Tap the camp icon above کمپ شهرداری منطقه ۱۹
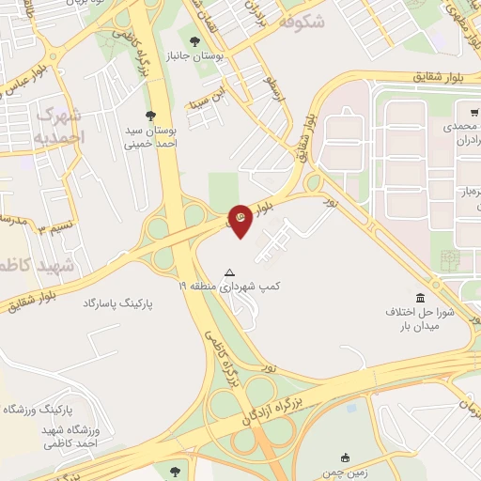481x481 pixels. [x=227, y=273]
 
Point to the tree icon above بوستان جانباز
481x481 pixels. [x=194, y=41]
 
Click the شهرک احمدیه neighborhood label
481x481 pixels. [x=59, y=125]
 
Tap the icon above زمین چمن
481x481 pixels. [x=346, y=458]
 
